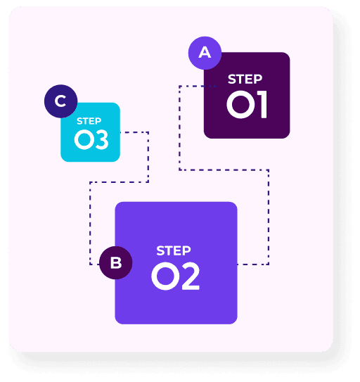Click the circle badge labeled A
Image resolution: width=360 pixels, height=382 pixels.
coord(205,53)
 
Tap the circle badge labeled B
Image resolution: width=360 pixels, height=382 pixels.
coord(116,262)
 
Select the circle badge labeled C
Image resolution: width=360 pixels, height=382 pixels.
coord(61,101)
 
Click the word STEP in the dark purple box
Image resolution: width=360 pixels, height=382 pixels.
coord(245,79)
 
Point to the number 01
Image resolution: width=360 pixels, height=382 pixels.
coord(247,105)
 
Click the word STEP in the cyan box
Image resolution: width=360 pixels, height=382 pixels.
coord(89,121)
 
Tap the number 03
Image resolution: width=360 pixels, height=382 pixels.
coord(91,139)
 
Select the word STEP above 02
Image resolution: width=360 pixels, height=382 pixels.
coord(174,250)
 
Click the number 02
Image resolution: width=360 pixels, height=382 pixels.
coord(176,276)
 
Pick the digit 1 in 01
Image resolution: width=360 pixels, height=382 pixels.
coord(262,105)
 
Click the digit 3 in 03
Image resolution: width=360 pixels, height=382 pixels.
coord(102,139)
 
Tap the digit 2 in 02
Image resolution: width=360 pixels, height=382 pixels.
coord(190,276)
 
